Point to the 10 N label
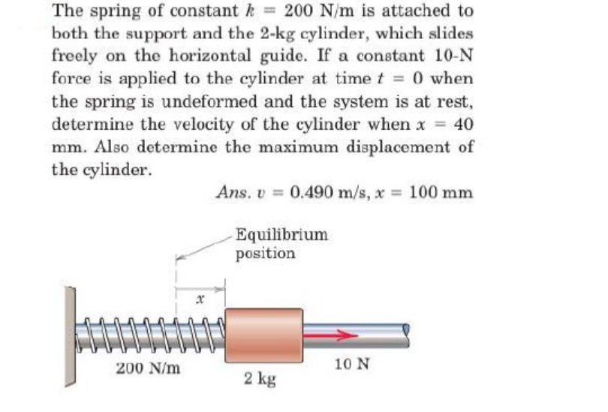tap(352, 365)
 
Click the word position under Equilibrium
tap(265, 253)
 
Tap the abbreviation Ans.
tap(230, 192)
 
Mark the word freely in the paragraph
tap(79, 56)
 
